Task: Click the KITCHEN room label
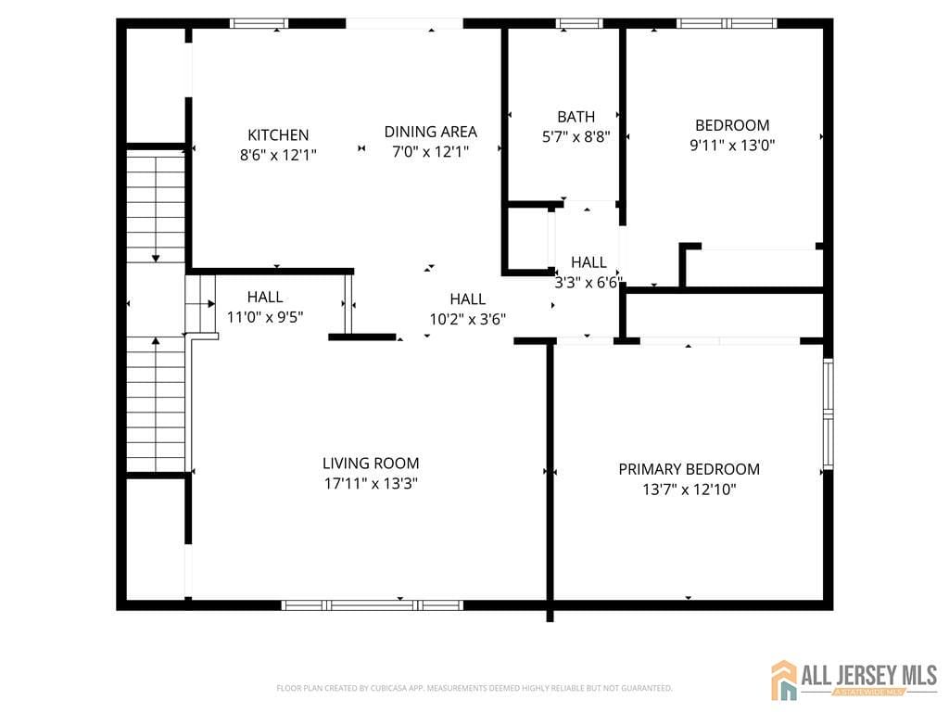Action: pos(278,135)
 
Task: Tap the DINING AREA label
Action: pos(431,132)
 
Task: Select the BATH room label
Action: pos(576,117)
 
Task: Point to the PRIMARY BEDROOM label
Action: pos(689,469)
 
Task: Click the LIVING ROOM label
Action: pos(371,464)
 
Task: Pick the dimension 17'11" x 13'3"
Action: pos(371,483)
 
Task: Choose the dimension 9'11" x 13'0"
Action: pos(732,145)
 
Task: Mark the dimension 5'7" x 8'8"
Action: pos(576,136)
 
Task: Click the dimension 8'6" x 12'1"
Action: pos(278,155)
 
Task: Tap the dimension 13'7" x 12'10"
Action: pos(689,489)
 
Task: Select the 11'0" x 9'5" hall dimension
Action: pos(265,317)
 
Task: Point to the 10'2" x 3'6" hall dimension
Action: pos(467,319)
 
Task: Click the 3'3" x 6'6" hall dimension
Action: pos(588,283)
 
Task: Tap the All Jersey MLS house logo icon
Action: pos(785,680)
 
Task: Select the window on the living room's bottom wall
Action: pos(372,605)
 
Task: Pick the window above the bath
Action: pos(578,23)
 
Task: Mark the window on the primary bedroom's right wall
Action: pos(829,412)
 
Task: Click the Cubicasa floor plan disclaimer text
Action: pos(474,688)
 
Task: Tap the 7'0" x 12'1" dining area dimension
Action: pos(431,151)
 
